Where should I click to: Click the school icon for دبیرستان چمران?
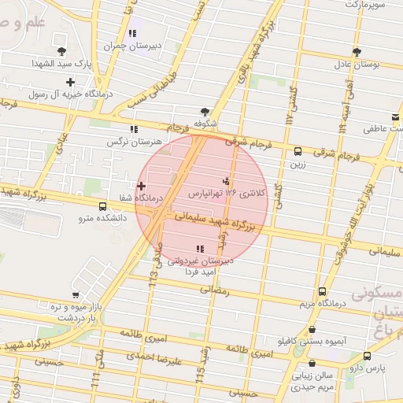[132, 33]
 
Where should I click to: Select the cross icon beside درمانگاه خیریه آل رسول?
[71, 82]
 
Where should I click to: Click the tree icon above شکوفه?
[205, 111]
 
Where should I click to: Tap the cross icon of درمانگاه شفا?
[141, 187]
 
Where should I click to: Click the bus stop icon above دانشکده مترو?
[102, 207]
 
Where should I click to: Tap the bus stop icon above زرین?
[298, 152]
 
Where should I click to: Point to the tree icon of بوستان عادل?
[357, 51]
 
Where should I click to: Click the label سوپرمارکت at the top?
[361, 5]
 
